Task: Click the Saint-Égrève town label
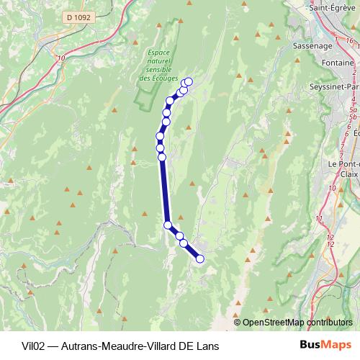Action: (334, 8)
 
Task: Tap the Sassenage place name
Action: (314, 45)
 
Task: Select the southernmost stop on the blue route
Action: (200, 258)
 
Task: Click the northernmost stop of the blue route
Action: (189, 81)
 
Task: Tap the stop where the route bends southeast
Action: (168, 225)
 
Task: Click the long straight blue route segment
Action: (164, 191)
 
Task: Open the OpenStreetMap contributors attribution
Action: (297, 322)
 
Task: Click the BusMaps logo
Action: (326, 344)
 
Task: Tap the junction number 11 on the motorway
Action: (319, 217)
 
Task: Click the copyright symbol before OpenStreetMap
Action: (238, 322)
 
